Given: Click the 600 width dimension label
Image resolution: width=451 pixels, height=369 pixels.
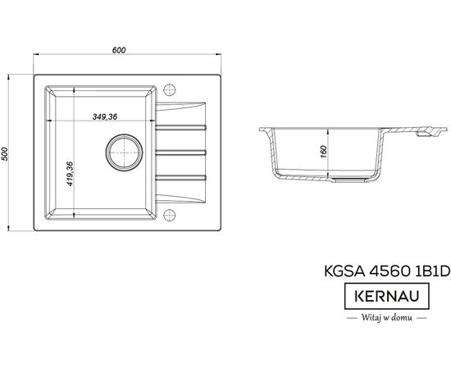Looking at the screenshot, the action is tap(119, 50).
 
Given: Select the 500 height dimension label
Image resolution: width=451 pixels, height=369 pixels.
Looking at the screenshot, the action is tap(5, 154).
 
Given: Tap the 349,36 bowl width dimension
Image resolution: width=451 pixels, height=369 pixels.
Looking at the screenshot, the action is tap(105, 116).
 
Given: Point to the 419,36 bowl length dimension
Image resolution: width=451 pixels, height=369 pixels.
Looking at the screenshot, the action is tap(71, 174).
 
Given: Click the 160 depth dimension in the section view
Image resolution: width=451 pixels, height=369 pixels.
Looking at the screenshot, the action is tap(323, 152).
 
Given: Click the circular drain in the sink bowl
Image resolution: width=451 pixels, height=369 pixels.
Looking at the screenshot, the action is tap(124, 153).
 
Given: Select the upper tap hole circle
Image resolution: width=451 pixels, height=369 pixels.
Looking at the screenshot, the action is tap(170, 90).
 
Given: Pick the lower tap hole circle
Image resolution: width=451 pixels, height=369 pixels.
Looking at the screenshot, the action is tap(170, 215).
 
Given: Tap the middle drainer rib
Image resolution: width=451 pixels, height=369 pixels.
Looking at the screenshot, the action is tap(181, 153).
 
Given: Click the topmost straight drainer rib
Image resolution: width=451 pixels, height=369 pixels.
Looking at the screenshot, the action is tap(181, 127).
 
